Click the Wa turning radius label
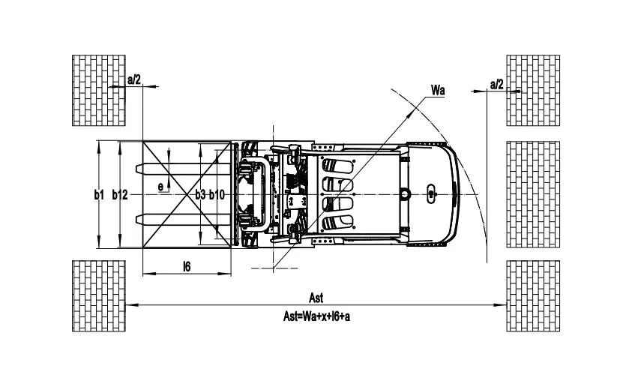pos(438,90)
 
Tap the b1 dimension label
pos(99,195)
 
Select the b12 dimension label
pos(119,195)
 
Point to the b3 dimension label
pos(200,195)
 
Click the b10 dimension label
pos(217,195)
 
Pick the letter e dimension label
pos(160,187)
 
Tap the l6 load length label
pos(187,266)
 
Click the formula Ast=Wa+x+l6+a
pos(316,316)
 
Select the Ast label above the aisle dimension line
pos(316,298)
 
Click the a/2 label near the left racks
pos(134,79)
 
